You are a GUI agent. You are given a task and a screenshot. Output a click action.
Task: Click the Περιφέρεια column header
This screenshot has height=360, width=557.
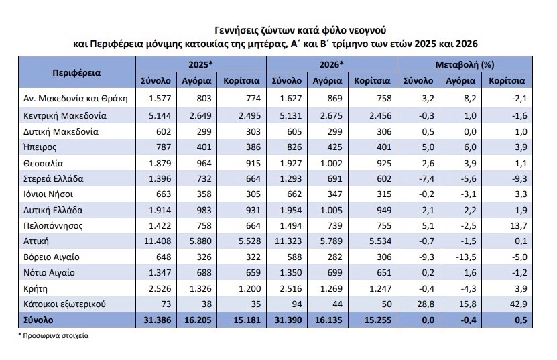click(76, 73)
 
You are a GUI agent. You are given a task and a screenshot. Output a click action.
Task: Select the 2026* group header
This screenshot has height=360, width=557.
click(331, 64)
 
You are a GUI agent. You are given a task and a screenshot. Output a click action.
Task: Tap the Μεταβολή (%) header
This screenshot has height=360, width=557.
click(465, 64)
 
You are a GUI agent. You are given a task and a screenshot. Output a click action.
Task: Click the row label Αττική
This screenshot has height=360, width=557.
click(36, 241)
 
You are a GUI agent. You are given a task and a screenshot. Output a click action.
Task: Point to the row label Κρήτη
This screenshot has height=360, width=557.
click(35, 288)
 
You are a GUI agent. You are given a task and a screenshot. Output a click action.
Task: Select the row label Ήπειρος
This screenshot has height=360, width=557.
click(40, 147)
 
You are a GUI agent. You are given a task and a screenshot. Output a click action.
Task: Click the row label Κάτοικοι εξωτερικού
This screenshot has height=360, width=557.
click(64, 304)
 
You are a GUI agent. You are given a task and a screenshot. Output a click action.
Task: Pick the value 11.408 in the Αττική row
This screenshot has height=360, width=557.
click(158, 241)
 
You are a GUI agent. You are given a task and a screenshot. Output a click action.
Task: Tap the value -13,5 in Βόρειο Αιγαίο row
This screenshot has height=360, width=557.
click(466, 257)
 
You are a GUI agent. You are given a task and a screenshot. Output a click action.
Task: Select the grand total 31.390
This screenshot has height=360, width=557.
click(288, 320)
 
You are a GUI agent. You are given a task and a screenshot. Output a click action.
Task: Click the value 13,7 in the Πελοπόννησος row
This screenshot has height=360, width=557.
click(519, 226)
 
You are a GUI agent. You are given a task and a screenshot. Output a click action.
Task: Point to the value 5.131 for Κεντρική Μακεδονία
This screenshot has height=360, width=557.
click(291, 116)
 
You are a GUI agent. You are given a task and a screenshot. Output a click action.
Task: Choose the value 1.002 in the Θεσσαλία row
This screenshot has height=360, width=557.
click(331, 163)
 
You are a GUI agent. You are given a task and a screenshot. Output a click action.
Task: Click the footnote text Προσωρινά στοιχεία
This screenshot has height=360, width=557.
click(56, 335)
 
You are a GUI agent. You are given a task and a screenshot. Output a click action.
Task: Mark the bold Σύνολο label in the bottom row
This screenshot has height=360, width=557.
click(38, 320)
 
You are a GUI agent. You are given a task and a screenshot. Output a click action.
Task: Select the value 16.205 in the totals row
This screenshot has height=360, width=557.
click(198, 320)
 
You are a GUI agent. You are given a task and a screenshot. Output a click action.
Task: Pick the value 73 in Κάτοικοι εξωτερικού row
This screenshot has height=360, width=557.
click(166, 304)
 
